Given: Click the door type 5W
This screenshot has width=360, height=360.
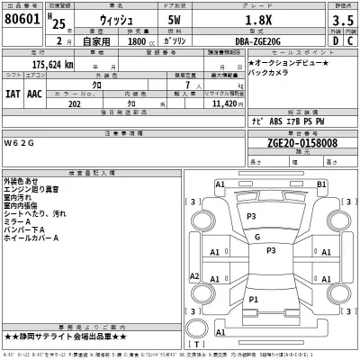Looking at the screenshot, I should (175, 18).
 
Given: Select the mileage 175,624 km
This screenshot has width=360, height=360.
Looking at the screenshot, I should (41, 64).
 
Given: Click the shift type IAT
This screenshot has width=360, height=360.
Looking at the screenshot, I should (12, 92).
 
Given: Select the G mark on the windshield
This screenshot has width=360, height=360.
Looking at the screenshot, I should (256, 238).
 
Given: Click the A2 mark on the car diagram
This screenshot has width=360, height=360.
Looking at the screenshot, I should (192, 275).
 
